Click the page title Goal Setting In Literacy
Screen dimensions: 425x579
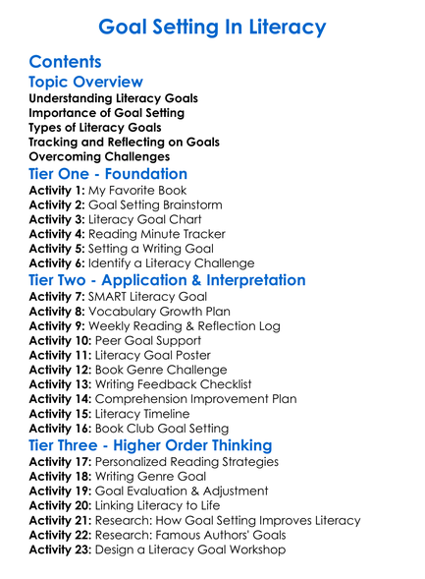point(212,26)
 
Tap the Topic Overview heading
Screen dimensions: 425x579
point(86,83)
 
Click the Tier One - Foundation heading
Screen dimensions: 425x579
point(108,173)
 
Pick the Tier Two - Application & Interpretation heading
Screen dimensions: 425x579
point(167,280)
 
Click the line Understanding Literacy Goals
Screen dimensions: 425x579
point(113,99)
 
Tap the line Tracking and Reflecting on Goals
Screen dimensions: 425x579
point(124,143)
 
